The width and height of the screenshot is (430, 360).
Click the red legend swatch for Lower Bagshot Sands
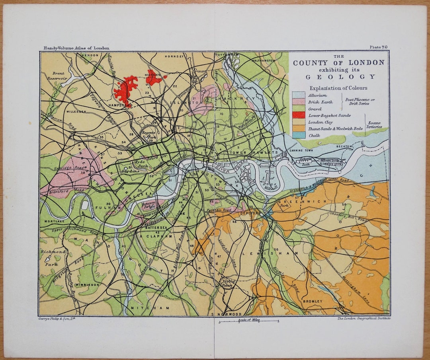298,115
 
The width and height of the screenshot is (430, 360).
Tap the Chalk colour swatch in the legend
298,136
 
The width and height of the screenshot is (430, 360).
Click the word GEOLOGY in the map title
340,77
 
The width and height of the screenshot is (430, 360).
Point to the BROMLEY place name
313,302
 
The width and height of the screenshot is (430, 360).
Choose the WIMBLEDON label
87,285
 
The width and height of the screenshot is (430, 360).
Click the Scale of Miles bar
248,321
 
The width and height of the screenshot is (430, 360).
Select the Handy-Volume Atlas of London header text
76,48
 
